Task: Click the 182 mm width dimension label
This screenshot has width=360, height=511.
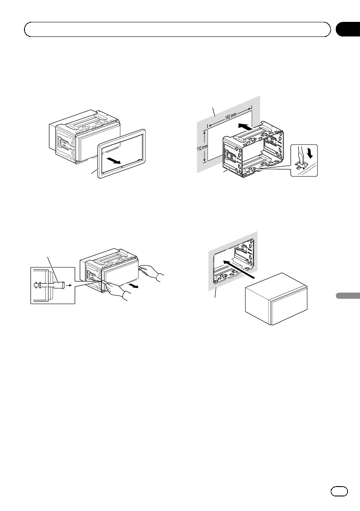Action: (231, 115)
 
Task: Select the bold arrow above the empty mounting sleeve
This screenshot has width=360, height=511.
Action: (245, 127)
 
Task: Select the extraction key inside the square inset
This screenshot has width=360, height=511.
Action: (49, 284)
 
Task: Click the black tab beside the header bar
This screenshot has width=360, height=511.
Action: (348, 30)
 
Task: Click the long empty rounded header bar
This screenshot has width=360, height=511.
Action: (178, 30)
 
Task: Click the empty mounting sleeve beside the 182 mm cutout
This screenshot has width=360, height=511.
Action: (252, 150)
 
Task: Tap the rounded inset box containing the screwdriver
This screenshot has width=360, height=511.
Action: (304, 160)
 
